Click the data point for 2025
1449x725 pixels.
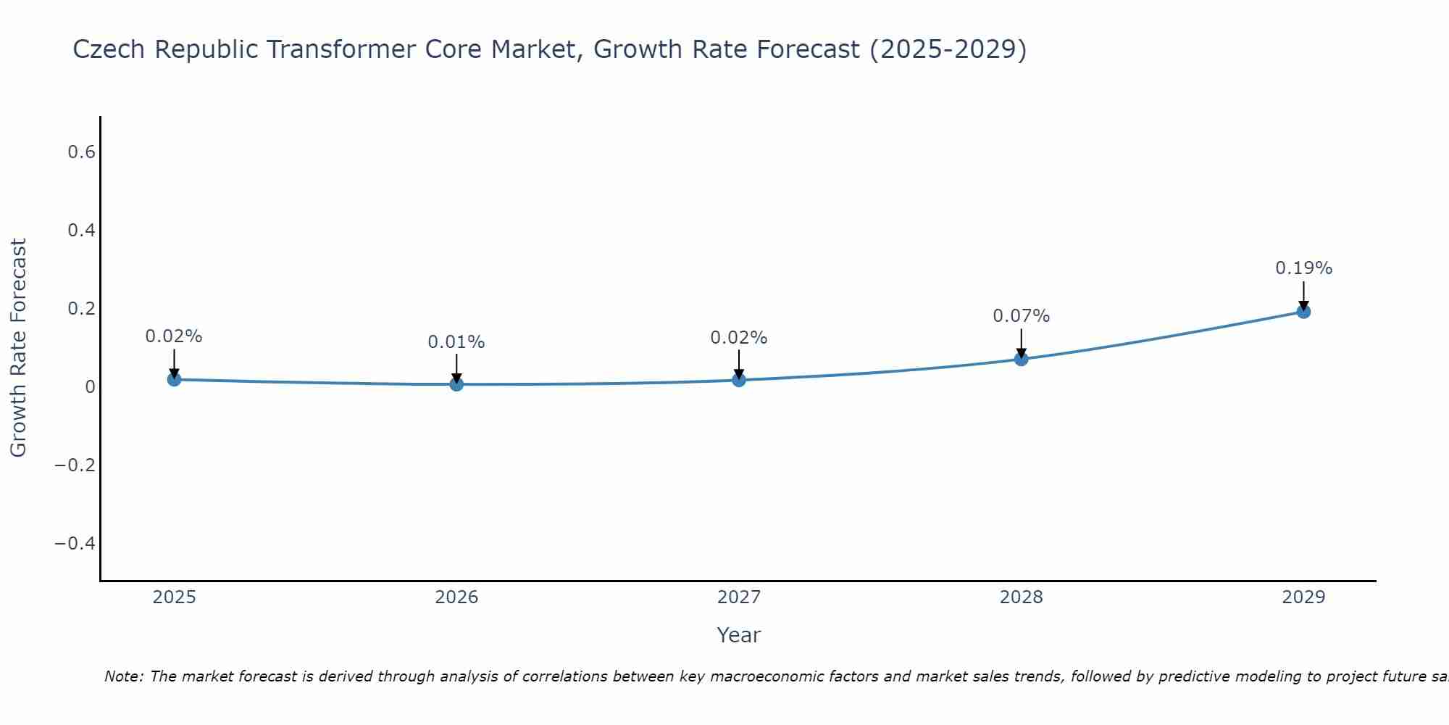174,378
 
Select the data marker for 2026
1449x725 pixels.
456,384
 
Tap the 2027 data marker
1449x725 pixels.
738,379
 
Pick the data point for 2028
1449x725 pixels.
1021,358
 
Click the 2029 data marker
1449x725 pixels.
1303,311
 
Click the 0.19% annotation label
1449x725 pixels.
1303,268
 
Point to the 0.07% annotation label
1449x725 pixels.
1021,316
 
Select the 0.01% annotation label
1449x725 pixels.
456,342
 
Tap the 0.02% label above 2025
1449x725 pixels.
174,336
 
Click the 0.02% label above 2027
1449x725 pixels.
738,338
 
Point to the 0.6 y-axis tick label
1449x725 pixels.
81,152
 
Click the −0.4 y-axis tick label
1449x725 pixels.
75,543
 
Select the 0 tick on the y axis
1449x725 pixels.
90,386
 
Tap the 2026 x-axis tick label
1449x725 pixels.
456,597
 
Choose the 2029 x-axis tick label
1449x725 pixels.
1303,597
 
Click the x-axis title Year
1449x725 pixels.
738,635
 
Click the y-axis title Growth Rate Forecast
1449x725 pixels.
18,348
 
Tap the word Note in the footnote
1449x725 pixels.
123,676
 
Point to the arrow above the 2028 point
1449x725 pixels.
1021,342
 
